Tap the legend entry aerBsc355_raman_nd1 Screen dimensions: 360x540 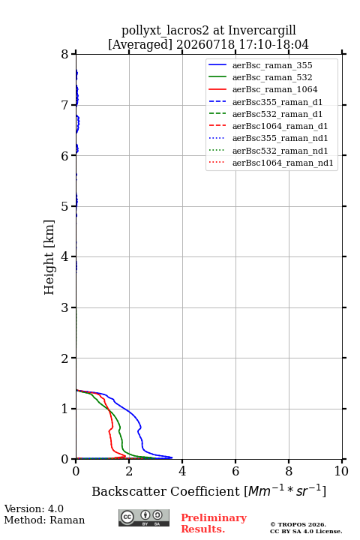point(268,138)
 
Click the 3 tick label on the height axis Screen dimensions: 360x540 point(64,307)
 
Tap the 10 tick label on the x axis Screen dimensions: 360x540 point(341,471)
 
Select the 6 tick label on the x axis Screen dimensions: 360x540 point(235,471)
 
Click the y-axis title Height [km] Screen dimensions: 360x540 point(49,257)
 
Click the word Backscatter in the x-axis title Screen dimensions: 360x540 point(130,491)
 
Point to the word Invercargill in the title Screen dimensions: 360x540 point(262,31)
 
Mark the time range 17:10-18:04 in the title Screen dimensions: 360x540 point(272,44)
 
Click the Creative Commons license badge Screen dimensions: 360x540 point(144,517)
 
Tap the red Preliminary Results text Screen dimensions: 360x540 point(214,523)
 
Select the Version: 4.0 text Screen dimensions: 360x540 point(34,508)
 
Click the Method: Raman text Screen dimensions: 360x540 point(44,520)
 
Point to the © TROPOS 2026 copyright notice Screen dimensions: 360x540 point(298,524)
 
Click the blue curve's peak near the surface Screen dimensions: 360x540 point(172,457)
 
